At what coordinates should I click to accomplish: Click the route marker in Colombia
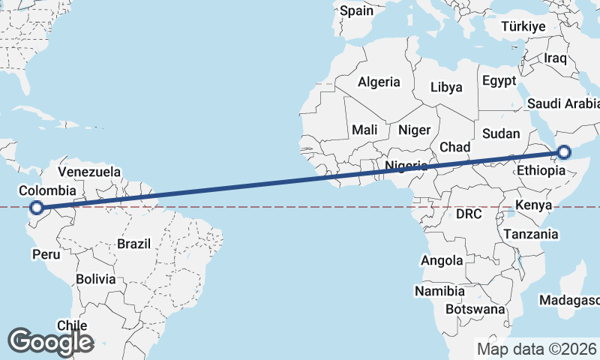click(36, 208)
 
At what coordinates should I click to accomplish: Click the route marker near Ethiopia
click(564, 153)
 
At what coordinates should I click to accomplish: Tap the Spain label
click(355, 11)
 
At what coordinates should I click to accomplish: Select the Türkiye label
click(523, 27)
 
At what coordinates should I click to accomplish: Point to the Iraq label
click(556, 58)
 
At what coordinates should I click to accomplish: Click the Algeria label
click(379, 82)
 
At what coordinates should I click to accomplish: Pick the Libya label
click(446, 87)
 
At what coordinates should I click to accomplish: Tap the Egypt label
click(499, 80)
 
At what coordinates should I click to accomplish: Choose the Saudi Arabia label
click(563, 103)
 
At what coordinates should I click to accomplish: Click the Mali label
click(364, 130)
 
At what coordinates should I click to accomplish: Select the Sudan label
click(501, 133)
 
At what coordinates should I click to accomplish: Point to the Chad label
click(454, 146)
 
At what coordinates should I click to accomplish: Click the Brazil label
click(134, 243)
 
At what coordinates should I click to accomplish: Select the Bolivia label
click(95, 279)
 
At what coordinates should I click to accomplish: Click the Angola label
click(442, 261)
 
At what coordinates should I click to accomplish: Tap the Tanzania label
click(531, 234)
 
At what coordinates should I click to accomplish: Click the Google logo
click(50, 342)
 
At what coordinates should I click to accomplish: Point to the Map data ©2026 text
click(536, 349)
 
